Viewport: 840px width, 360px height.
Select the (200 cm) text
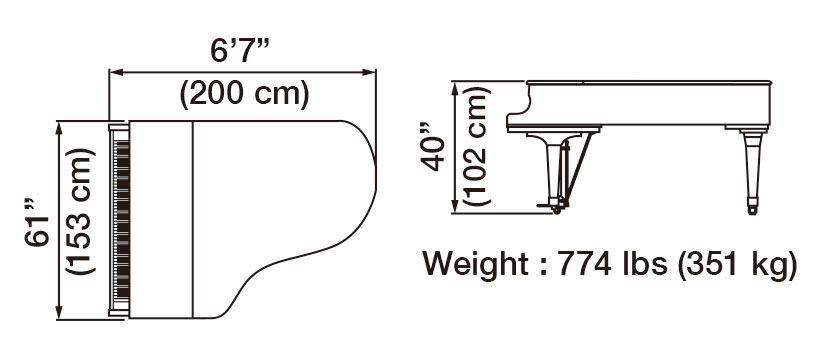(243, 95)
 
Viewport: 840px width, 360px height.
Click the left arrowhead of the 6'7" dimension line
(114, 71)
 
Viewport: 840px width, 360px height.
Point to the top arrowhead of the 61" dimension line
(62, 126)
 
